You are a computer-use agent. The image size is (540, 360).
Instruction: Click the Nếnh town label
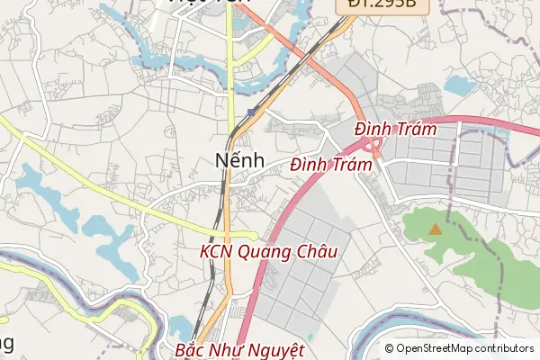tap(240, 160)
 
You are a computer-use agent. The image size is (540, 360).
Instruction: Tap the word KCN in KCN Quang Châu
tap(217, 252)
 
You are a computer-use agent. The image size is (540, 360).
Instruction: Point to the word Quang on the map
tap(265, 253)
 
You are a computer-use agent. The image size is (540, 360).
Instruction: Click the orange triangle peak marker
tap(436, 229)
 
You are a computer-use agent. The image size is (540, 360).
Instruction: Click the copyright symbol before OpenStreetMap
tap(389, 348)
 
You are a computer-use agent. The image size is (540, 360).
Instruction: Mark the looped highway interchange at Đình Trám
tap(373, 147)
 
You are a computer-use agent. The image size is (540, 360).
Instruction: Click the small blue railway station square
tap(250, 112)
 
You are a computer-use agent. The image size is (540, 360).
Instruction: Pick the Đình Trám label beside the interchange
tap(395, 130)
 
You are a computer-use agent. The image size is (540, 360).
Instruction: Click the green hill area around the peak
tap(468, 243)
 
